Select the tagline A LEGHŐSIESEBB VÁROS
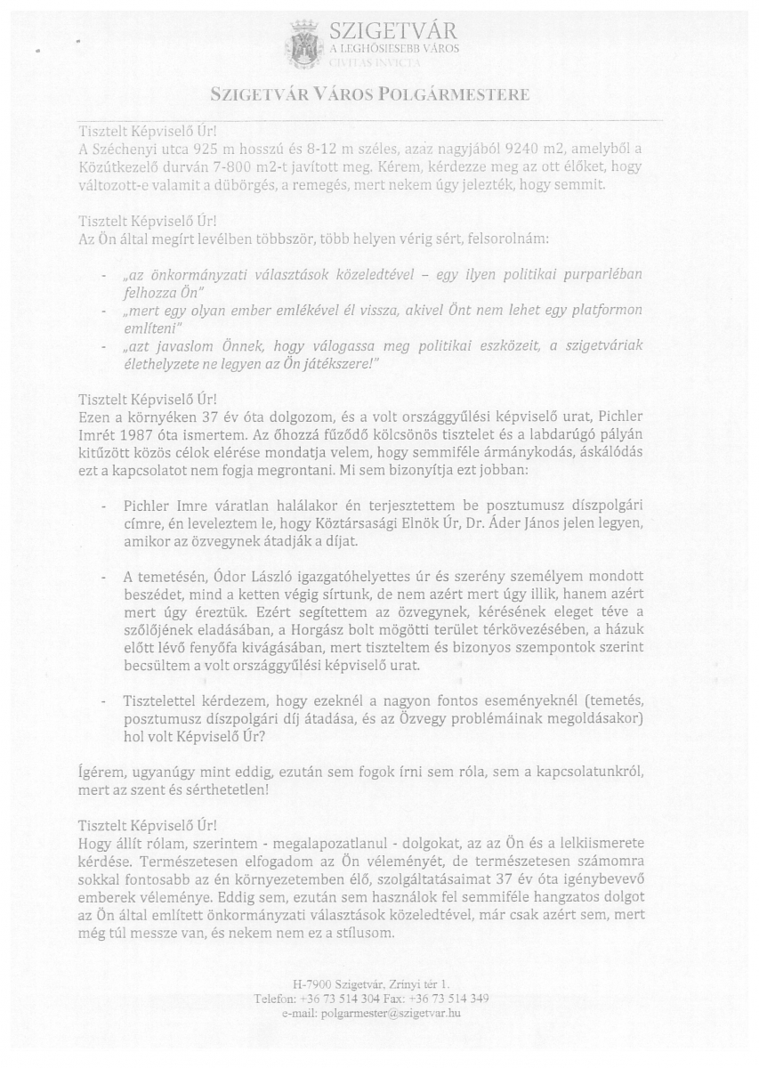click(x=394, y=49)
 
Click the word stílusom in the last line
click(x=365, y=934)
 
